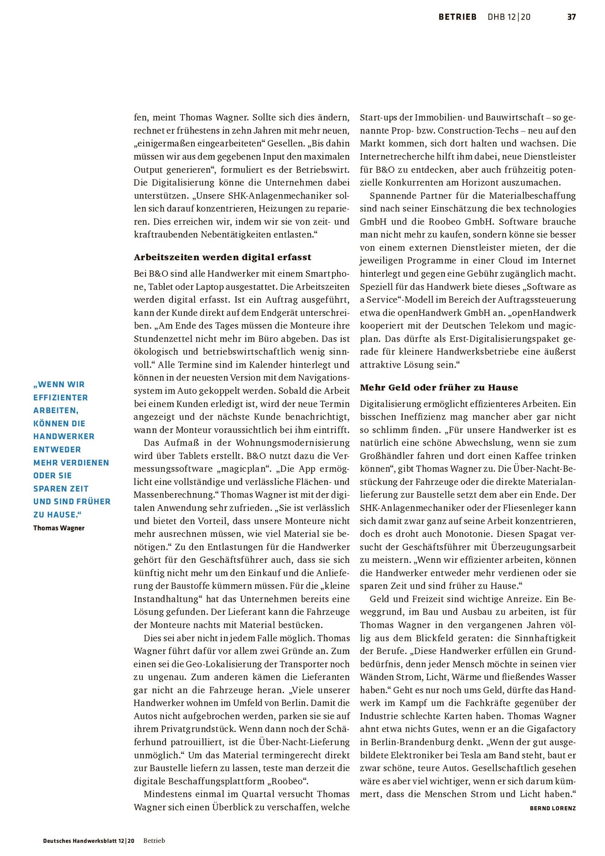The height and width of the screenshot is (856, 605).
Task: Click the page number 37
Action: pyautogui.click(x=571, y=17)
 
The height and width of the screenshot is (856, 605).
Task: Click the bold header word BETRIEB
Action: pyautogui.click(x=457, y=17)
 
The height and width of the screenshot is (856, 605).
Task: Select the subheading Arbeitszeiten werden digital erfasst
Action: pyautogui.click(x=222, y=257)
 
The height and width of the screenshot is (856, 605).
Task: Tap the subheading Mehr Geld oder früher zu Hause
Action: pyautogui.click(x=438, y=387)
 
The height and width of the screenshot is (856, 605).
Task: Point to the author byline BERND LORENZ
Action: pyautogui.click(x=553, y=821)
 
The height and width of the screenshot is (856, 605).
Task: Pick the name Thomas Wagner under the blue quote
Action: pyautogui.click(x=59, y=528)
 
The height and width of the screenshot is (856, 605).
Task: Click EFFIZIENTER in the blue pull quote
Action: pyautogui.click(x=61, y=397)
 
